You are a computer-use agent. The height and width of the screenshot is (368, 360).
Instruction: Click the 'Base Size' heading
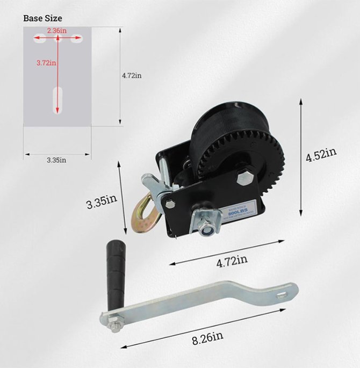tap(42, 18)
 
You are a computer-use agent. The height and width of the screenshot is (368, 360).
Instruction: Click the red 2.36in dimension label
tap(56, 31)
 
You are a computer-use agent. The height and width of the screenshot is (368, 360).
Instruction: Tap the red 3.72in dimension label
tap(46, 63)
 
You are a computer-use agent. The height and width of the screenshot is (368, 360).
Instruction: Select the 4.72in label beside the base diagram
tap(132, 76)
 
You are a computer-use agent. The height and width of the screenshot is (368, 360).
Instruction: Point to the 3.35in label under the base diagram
tap(56, 160)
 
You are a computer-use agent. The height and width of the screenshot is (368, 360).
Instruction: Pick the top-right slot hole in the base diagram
tap(76, 38)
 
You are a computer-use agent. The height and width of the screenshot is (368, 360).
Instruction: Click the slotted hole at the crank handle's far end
tap(282, 293)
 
